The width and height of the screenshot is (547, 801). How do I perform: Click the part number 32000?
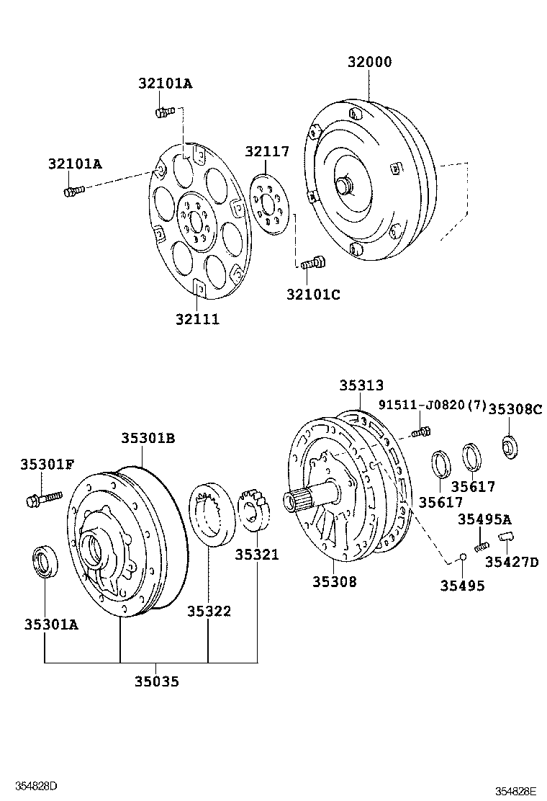click(370, 63)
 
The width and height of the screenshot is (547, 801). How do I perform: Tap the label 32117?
click(266, 152)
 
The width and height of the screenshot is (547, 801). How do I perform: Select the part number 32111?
click(196, 319)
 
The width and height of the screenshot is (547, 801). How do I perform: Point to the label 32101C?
click(313, 294)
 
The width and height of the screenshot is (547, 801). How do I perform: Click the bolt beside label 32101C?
click(312, 264)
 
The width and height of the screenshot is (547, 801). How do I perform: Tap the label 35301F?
click(47, 464)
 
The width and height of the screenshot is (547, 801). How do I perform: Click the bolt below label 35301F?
click(45, 497)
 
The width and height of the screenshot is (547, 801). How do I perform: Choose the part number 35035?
click(156, 680)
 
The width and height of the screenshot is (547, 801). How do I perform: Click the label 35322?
click(209, 611)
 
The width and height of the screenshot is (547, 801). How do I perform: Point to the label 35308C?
click(515, 409)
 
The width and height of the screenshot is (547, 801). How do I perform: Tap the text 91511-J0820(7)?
click(433, 406)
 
